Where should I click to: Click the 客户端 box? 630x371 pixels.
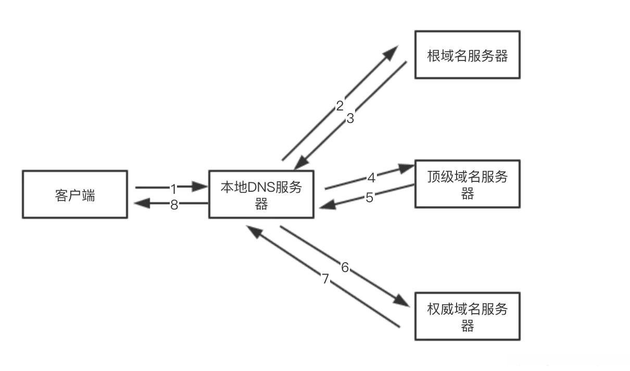click(75, 194)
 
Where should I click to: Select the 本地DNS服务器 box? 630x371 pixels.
click(261, 194)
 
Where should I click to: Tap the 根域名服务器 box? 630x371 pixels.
click(467, 55)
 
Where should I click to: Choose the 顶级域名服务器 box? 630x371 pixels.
click(467, 185)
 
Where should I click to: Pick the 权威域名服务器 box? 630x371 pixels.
click(467, 317)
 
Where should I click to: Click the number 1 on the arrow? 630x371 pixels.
click(174, 187)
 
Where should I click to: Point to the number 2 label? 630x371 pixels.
click(339, 106)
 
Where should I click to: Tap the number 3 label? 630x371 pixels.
click(350, 119)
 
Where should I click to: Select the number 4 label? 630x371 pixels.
click(371, 178)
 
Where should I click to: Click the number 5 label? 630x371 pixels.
click(369, 198)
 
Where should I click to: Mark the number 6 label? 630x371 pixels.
click(345, 268)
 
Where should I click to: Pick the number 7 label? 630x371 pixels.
click(325, 279)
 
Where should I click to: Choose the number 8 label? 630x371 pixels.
click(174, 205)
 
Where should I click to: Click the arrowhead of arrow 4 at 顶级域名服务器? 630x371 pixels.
click(406, 168)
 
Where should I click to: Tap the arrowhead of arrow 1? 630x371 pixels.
click(200, 186)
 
